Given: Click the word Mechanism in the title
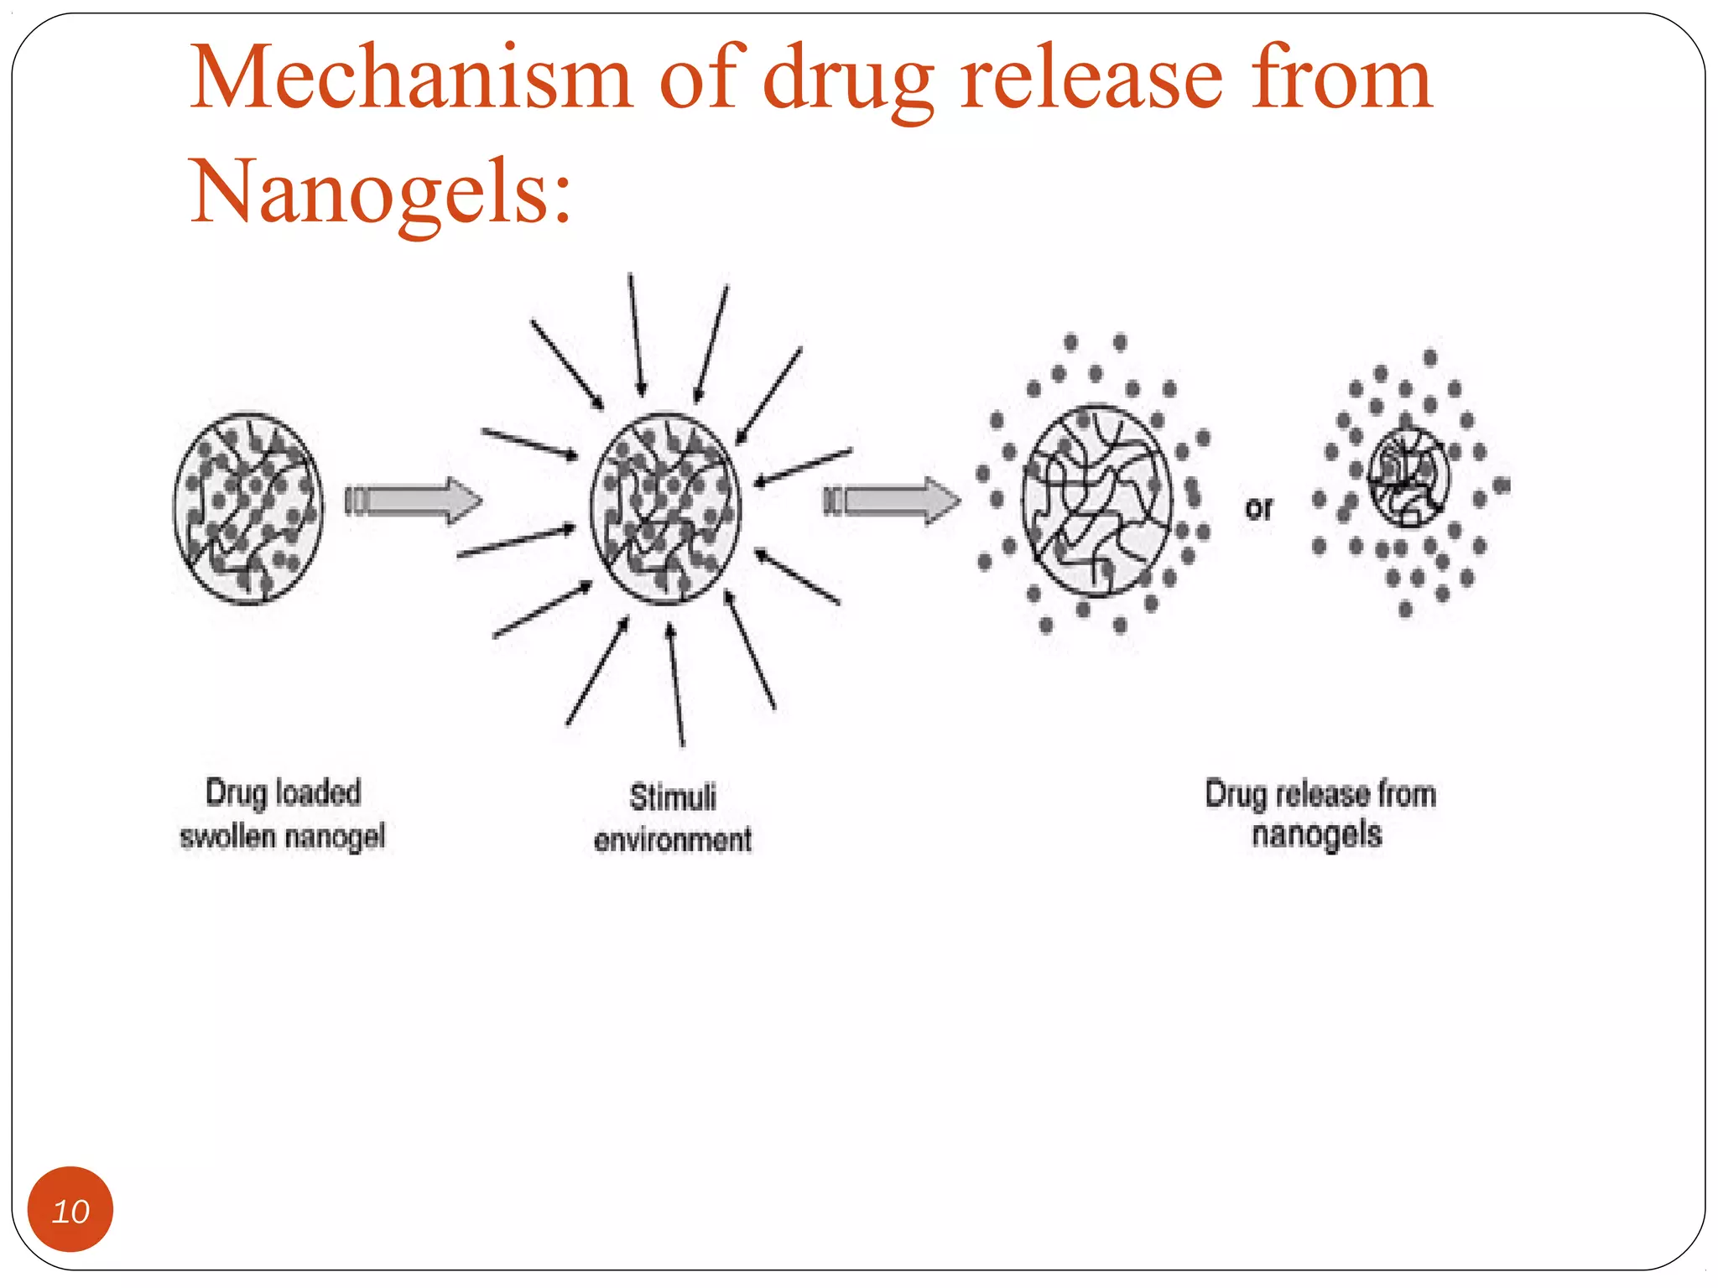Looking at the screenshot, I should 411,78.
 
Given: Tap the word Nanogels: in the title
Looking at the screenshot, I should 382,191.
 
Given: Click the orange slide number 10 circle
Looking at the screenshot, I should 70,1209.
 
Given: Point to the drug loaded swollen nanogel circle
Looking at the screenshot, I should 248,507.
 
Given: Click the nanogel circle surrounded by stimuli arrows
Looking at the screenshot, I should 665,507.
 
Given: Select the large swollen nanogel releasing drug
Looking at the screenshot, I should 1096,501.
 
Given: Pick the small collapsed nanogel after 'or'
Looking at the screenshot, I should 1408,476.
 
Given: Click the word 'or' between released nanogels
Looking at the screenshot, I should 1258,508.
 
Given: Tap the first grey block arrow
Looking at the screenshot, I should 415,501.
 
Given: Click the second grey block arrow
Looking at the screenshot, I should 893,501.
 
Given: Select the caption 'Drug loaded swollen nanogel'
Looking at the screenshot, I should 284,814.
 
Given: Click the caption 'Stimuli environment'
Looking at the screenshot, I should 673,818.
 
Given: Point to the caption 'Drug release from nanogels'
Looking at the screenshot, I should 1320,813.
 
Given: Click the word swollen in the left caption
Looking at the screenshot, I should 227,837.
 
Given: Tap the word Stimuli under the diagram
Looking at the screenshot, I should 673,797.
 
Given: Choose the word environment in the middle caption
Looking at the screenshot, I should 673,839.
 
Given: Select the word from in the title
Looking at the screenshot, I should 1341,78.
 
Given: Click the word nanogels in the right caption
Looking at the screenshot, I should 1316,835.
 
